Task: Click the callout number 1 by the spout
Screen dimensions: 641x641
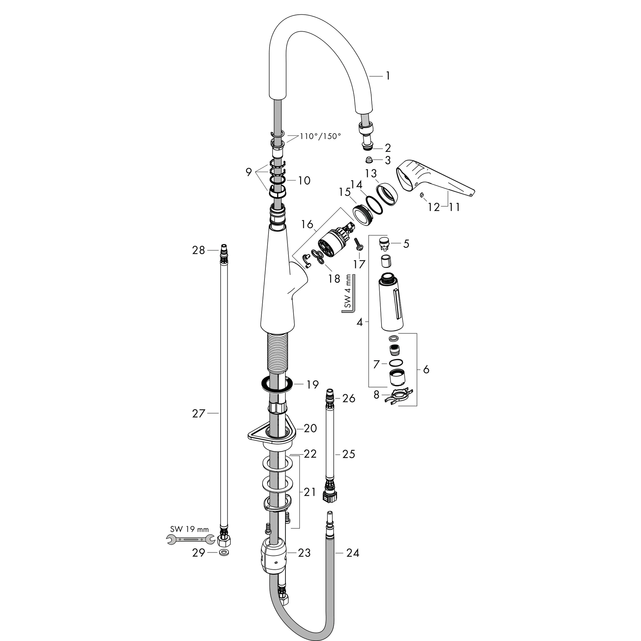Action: [387, 76]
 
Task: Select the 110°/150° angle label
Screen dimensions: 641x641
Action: [320, 136]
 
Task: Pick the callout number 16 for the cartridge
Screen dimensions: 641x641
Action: [307, 225]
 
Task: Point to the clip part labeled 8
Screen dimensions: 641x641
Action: [398, 397]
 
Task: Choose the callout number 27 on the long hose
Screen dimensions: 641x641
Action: [198, 413]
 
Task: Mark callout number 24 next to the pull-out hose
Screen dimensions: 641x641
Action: [352, 553]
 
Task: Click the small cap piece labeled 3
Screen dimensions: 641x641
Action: [368, 160]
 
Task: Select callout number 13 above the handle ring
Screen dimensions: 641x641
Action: [371, 173]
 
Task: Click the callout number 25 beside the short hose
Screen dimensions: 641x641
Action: [348, 454]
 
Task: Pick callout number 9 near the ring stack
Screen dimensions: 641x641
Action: [249, 172]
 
